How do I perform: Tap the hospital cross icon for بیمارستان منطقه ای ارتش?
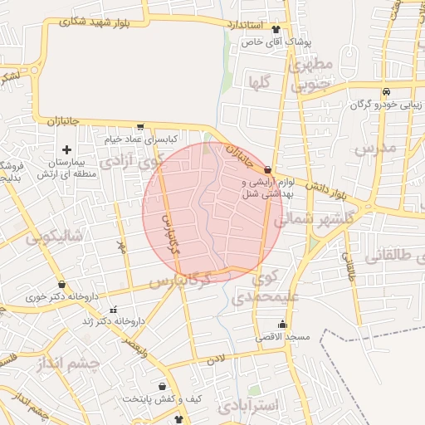pos(66,149)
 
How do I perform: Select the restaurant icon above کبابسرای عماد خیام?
pos(139,127)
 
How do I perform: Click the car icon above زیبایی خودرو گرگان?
pos(386,92)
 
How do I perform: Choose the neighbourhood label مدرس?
pos(376,149)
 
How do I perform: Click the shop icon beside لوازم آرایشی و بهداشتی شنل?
pos(266,169)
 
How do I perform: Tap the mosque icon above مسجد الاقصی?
pos(282,324)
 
